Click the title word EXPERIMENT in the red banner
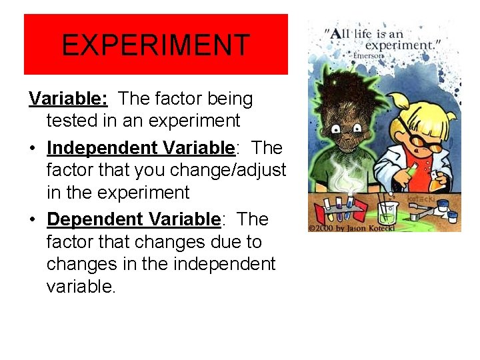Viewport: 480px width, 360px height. (x=155, y=45)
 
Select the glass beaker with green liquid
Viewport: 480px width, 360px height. (x=385, y=212)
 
